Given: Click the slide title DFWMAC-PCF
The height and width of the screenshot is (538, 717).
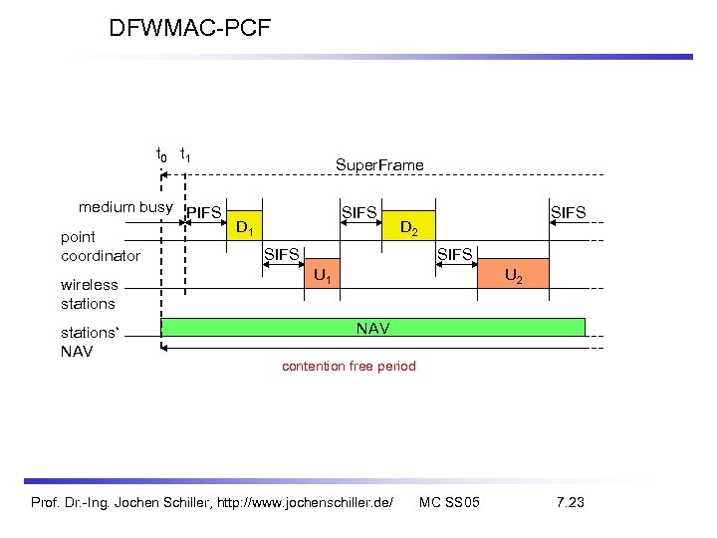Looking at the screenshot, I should pyautogui.click(x=189, y=28).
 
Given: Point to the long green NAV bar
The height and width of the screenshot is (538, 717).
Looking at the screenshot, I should pyautogui.click(x=373, y=328).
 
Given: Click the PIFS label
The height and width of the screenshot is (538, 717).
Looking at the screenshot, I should pyautogui.click(x=204, y=212).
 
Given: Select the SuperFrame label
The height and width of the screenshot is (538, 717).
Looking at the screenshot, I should pyautogui.click(x=378, y=164).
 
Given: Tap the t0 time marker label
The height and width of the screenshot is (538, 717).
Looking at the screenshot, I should pyautogui.click(x=161, y=154).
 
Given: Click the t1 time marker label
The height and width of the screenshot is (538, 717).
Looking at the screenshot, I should pyautogui.click(x=185, y=154).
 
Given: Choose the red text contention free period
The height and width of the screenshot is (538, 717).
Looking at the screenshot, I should pyautogui.click(x=349, y=367).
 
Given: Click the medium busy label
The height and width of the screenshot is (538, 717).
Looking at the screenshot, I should pyautogui.click(x=125, y=208).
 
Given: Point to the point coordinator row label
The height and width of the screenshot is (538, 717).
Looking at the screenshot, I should pyautogui.click(x=101, y=246).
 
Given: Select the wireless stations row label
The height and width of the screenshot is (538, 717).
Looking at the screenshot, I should pyautogui.click(x=89, y=294).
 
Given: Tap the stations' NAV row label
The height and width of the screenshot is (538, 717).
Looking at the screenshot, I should pyautogui.click(x=89, y=342).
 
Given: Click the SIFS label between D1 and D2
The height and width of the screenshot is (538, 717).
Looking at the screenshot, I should pyautogui.click(x=359, y=212).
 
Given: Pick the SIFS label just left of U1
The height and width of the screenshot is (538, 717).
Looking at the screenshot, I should pyautogui.click(x=281, y=255).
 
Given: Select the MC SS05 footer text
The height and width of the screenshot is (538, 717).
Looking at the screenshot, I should pyautogui.click(x=449, y=501).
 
